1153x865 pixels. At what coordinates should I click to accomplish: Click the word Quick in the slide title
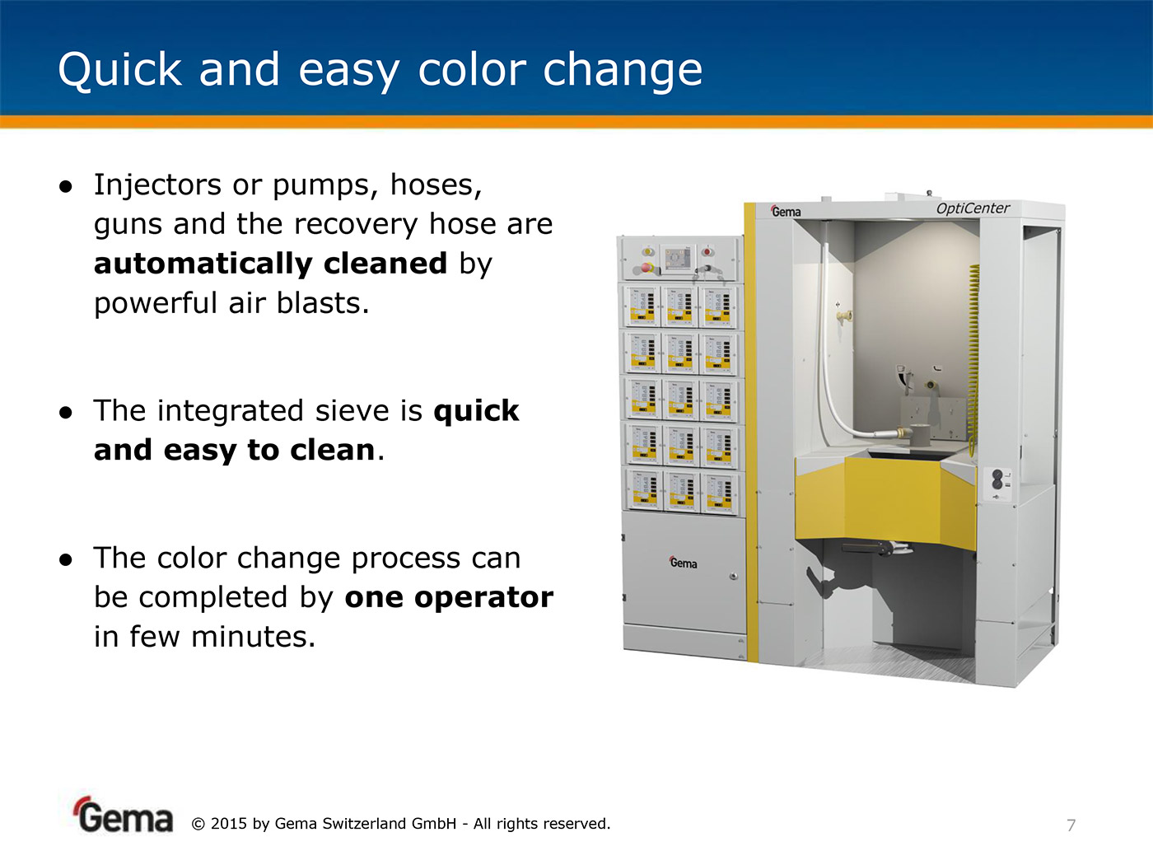tap(119, 70)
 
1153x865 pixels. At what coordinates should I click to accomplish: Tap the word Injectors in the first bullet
tap(157, 186)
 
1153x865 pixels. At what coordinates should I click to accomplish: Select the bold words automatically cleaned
tap(270, 263)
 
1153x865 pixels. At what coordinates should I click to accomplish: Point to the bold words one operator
tap(449, 597)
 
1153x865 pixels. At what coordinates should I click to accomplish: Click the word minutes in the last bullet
tap(253, 637)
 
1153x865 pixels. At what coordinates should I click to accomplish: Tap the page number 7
tap(1071, 825)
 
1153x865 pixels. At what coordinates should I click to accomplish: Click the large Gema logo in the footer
tap(124, 815)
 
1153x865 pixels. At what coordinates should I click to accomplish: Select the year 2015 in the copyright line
tap(228, 824)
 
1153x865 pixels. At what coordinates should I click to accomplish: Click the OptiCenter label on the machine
tap(973, 208)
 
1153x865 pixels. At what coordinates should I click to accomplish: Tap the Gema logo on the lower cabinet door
tap(684, 563)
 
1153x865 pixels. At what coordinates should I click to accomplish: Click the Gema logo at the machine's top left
tap(786, 211)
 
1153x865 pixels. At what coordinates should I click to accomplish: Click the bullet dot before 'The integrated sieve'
tap(66, 413)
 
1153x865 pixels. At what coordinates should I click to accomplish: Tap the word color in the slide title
tap(472, 70)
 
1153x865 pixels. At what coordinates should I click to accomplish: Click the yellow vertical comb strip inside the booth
tap(973, 360)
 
